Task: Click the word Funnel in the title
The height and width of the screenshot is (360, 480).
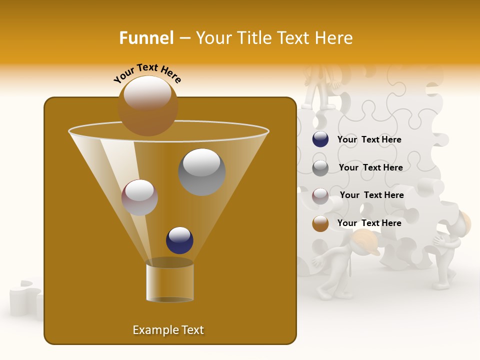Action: click(146, 38)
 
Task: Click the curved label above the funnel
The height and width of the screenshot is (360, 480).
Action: click(147, 73)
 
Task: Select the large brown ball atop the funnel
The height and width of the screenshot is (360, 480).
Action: click(147, 106)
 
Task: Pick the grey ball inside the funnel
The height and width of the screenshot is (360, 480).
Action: click(202, 172)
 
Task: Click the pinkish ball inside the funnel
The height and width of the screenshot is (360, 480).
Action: click(139, 197)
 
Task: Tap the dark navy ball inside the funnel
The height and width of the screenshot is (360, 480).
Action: click(179, 240)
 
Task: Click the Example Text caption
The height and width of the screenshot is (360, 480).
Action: click(168, 330)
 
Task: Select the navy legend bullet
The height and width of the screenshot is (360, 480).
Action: click(320, 139)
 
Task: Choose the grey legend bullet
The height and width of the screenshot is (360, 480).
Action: click(320, 168)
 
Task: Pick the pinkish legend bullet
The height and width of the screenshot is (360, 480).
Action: click(320, 196)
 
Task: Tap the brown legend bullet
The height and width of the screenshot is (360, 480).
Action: click(320, 223)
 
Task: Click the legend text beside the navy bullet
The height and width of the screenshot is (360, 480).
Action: click(369, 140)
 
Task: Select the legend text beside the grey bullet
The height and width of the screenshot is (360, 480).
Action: click(370, 168)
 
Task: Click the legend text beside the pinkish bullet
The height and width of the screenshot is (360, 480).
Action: click(371, 195)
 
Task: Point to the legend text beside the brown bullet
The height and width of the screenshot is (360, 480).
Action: click(369, 223)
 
